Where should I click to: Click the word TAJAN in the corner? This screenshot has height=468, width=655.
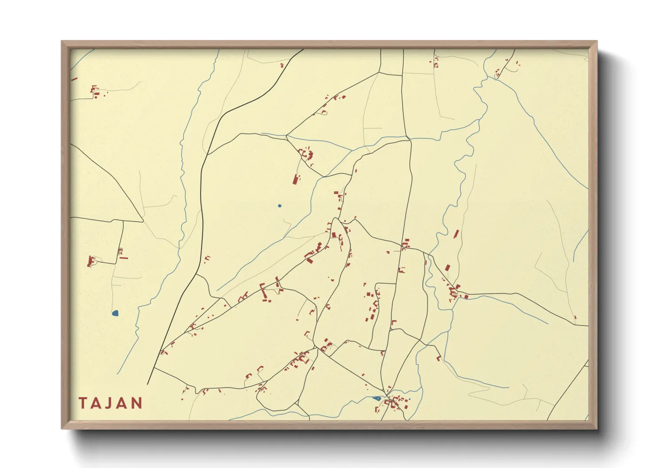(x=111, y=403)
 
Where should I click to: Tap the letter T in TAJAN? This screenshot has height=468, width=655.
(x=83, y=403)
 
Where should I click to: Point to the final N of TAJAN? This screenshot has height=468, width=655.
(x=137, y=403)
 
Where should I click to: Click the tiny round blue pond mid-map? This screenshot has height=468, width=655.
(x=279, y=206)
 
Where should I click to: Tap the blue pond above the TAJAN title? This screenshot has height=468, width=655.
(x=115, y=313)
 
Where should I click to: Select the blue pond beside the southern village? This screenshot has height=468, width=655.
(x=377, y=398)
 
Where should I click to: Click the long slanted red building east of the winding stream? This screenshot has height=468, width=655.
(x=456, y=234)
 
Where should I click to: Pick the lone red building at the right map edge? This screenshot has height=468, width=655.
(x=575, y=317)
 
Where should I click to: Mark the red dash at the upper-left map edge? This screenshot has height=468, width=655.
(x=74, y=80)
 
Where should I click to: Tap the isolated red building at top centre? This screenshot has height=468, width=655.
(x=282, y=65)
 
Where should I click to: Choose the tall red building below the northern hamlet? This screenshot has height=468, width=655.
(x=296, y=179)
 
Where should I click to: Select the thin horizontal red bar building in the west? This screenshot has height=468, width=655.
(x=123, y=257)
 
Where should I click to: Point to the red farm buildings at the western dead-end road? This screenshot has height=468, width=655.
(x=92, y=261)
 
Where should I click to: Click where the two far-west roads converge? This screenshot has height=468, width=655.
(x=143, y=221)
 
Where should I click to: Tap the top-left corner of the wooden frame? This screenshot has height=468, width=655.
(x=62, y=42)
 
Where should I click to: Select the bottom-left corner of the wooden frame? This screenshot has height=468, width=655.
(x=62, y=428)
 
